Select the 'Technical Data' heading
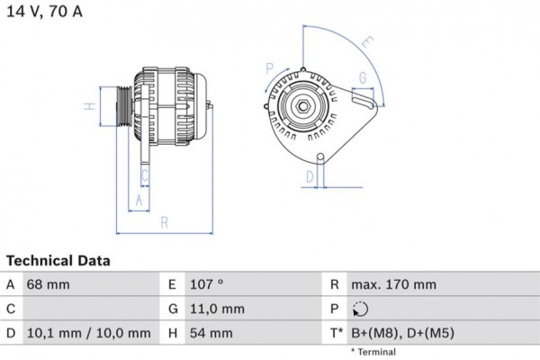click(58, 261)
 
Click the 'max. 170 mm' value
click(393, 284)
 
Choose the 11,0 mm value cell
click(216, 309)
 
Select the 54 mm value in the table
click(211, 333)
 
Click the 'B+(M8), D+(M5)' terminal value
click(402, 333)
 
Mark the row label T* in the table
click(335, 333)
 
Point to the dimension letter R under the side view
click(165, 222)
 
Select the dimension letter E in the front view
click(367, 41)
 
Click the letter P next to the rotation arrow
click(269, 68)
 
